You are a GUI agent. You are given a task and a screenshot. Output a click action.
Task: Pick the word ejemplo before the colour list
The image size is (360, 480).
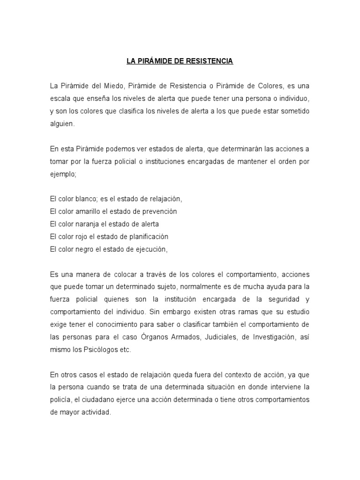pos(62,174)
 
